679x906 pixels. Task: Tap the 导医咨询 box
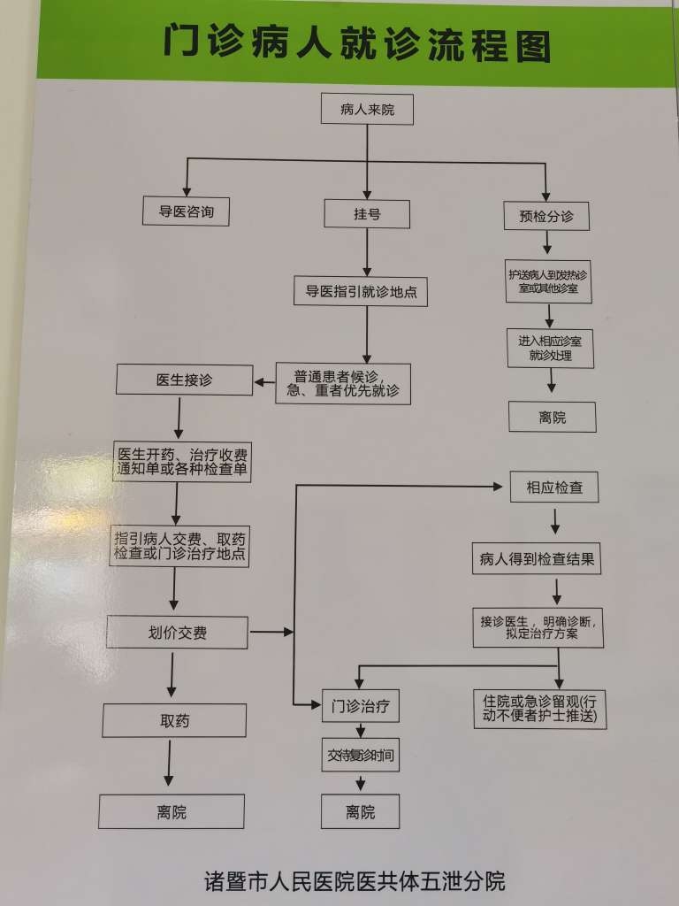[x=186, y=211]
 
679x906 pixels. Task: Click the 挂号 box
[x=367, y=214]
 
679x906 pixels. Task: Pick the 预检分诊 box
[x=546, y=215]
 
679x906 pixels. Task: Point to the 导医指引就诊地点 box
[x=361, y=291]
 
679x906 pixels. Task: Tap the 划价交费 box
[x=177, y=632]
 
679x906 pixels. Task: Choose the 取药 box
[x=174, y=720]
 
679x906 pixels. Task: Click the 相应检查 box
[x=554, y=488]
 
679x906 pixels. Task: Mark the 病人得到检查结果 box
[x=536, y=559]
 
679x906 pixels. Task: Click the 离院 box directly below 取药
[x=171, y=811]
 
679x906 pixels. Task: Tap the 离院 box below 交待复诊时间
[x=360, y=811]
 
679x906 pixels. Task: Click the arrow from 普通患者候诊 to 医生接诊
[x=264, y=382]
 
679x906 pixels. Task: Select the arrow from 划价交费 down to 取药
[x=172, y=677]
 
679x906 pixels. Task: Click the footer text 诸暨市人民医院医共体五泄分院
[x=355, y=882]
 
